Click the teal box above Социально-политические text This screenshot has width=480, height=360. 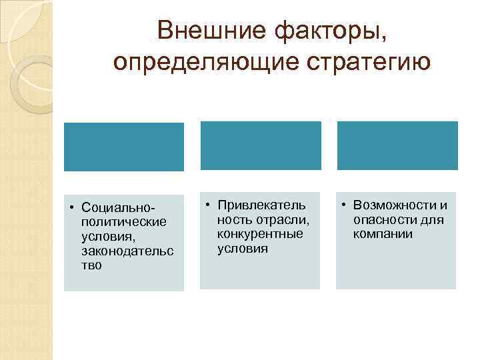point(123,147)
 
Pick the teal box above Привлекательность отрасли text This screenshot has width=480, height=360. point(261,145)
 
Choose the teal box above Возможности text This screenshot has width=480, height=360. point(397,145)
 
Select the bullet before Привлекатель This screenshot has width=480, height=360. point(208,204)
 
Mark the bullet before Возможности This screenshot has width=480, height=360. point(345,204)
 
